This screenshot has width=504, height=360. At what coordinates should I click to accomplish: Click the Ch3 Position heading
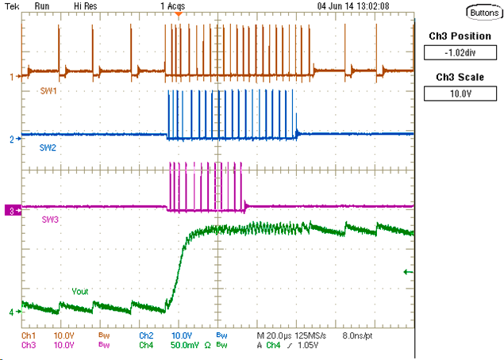[x=460, y=36]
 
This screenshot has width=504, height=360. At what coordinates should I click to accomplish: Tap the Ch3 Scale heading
[x=460, y=77]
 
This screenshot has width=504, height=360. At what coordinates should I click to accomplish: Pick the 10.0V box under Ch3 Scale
[x=460, y=93]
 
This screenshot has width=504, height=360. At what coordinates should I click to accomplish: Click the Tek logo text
[x=12, y=6]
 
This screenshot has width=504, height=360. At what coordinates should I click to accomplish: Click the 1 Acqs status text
[x=171, y=6]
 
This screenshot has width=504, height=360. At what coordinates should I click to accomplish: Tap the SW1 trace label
[x=50, y=92]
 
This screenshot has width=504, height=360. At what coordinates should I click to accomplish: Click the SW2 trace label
[x=50, y=147]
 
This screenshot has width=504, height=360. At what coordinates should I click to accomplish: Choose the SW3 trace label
[x=50, y=217]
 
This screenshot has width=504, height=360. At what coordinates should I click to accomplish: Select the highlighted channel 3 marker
[x=11, y=210]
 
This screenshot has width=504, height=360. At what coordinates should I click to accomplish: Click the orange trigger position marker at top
[x=179, y=13]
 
